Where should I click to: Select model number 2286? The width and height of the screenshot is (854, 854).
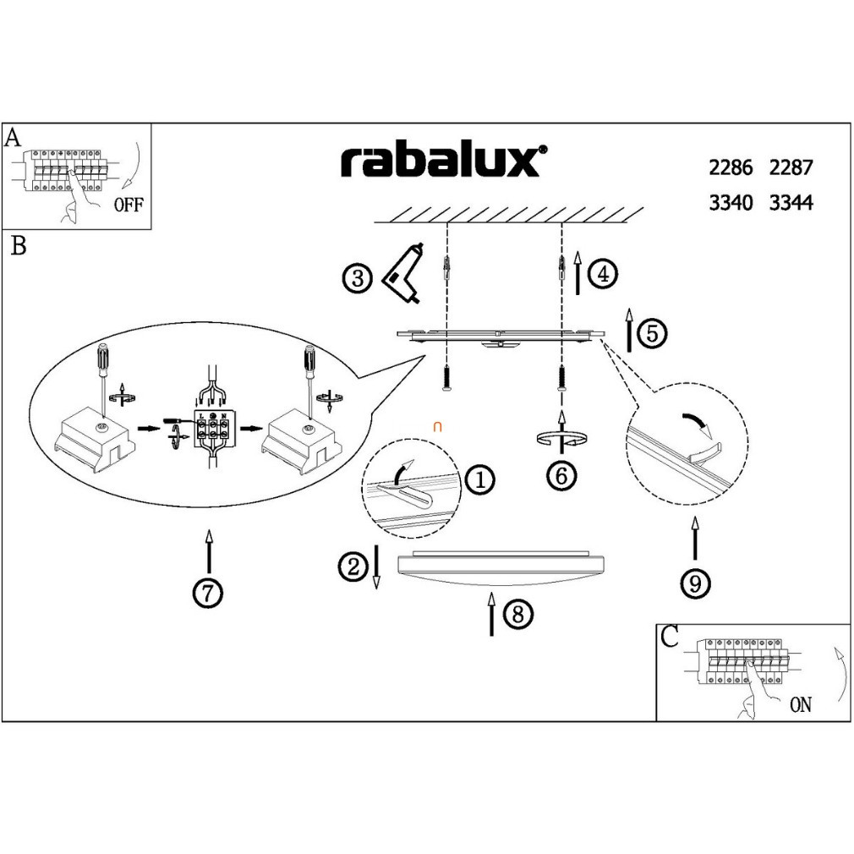[x=731, y=167]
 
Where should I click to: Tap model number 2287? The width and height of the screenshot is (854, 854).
[x=791, y=167]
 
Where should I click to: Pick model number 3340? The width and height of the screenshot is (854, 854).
[x=731, y=203]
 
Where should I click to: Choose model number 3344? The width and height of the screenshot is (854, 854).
[x=791, y=203]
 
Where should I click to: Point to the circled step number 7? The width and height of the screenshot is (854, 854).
[x=207, y=594]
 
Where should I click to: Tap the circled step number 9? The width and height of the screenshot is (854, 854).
[x=695, y=583]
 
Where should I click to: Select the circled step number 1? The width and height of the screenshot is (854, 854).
[x=480, y=480]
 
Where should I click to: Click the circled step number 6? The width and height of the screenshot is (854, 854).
[x=561, y=475]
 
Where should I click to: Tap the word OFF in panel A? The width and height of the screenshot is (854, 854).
[x=129, y=205]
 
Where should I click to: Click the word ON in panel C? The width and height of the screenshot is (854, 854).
[x=800, y=704]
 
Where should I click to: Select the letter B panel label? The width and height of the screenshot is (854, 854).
[x=18, y=247]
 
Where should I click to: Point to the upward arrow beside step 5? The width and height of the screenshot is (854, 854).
[x=629, y=330]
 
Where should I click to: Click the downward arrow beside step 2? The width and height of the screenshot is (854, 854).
[x=377, y=567]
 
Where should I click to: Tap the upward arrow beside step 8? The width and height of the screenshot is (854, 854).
[x=491, y=614]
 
